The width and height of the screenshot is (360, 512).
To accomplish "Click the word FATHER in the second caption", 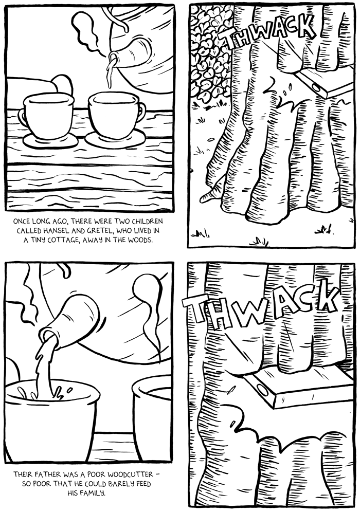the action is pos(41,474).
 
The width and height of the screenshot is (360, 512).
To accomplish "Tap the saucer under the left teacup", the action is pos(50,141).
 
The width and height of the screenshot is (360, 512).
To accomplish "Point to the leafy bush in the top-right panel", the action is pos(209,54).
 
